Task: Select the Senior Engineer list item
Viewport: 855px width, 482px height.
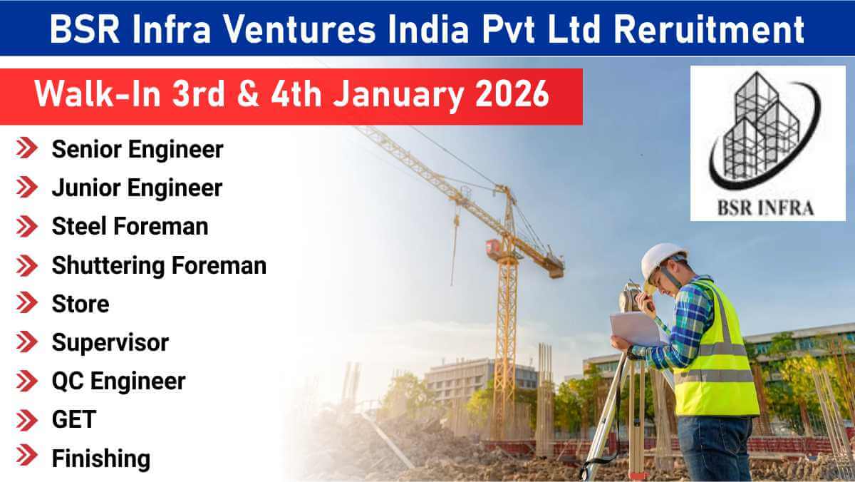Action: [137, 150]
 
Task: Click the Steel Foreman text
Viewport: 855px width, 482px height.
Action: [130, 227]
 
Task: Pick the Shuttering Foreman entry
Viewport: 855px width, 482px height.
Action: [159, 265]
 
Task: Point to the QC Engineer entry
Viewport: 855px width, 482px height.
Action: [118, 381]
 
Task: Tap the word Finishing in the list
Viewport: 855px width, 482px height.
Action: [100, 458]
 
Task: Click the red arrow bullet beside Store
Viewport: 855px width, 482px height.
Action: [28, 304]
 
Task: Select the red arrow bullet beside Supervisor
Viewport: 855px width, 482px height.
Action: [28, 342]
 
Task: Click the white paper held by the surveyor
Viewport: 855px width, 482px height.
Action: [636, 329]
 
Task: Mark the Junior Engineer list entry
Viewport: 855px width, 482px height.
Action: [137, 188]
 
